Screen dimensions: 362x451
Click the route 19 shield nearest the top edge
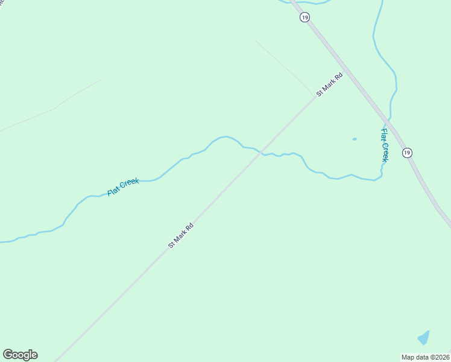click(x=304, y=17)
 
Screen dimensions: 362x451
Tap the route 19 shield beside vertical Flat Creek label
click(x=408, y=153)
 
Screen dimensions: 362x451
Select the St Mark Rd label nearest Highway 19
click(x=330, y=84)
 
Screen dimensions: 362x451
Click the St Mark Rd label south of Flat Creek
click(x=181, y=235)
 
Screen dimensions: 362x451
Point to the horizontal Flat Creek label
click(x=123, y=186)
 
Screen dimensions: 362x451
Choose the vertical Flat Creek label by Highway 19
click(x=384, y=145)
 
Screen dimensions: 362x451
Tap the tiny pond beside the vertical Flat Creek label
click(x=355, y=139)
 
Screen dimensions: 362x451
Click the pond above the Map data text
click(x=424, y=338)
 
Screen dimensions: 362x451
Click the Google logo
click(x=20, y=355)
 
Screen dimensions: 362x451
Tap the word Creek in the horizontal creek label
click(x=130, y=183)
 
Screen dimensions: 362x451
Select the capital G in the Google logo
click(x=8, y=355)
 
